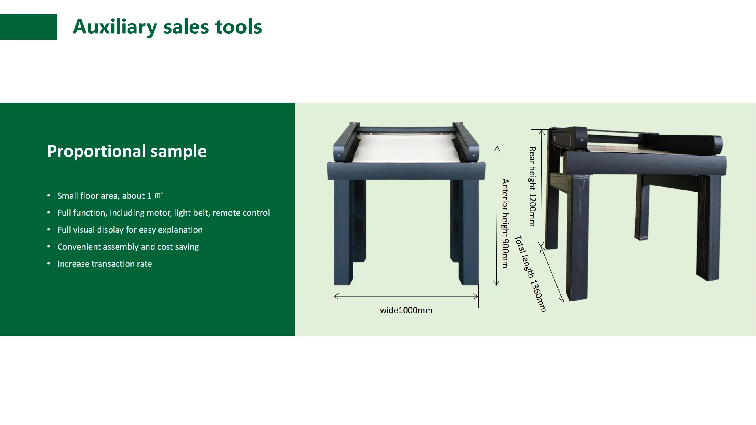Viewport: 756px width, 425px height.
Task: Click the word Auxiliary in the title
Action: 115,27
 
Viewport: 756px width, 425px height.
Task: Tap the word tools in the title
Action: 238,27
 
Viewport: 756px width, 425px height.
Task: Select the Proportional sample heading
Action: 127,151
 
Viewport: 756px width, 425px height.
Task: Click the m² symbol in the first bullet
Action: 158,195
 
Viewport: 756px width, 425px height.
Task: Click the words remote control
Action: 241,213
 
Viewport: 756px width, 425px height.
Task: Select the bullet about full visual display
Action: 130,230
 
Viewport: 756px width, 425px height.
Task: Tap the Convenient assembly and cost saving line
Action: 128,247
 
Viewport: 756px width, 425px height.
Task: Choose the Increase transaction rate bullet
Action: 105,264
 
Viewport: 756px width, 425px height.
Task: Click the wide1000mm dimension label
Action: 406,310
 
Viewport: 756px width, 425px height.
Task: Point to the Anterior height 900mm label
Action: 505,223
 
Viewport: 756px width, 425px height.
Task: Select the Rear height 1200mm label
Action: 532,186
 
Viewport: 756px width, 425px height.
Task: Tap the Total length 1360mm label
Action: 531,274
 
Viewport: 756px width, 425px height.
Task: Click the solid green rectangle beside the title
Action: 28,27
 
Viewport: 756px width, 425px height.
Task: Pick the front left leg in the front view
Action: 343,232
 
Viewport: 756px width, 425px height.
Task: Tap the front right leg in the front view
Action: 469,232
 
